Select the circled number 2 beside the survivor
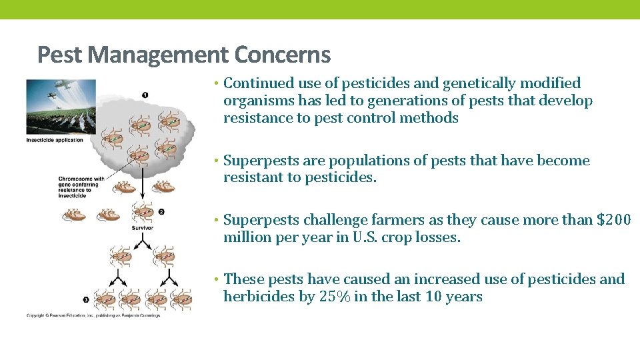(161, 212)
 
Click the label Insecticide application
(55, 140)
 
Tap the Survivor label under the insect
(142, 228)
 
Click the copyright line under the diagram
(93, 315)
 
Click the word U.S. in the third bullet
(363, 237)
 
